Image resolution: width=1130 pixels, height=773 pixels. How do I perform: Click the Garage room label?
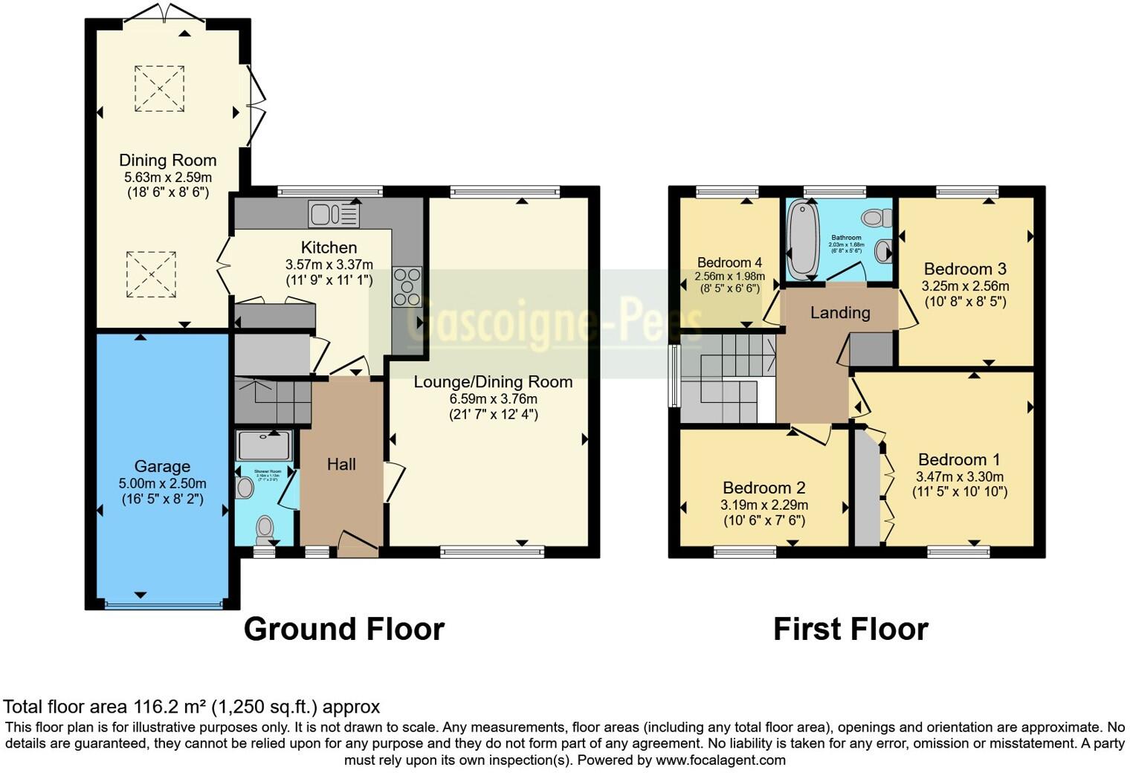tap(162, 467)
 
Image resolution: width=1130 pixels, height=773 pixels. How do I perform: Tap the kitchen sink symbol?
tap(334, 215)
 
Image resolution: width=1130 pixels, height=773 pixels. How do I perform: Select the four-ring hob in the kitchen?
tap(407, 286)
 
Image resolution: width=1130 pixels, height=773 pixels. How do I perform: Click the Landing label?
tap(840, 313)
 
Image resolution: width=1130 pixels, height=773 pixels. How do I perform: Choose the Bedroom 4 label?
tap(729, 262)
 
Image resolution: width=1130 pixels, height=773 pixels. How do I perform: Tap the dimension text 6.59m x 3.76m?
tap(494, 399)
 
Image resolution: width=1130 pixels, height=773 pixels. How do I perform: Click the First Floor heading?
tap(850, 630)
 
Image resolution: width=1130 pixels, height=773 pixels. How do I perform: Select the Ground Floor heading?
tap(343, 630)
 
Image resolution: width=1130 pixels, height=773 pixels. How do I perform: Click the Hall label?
tap(341, 465)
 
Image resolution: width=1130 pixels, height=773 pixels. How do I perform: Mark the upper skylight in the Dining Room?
tap(159, 88)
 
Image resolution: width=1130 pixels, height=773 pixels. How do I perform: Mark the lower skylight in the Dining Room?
tap(152, 274)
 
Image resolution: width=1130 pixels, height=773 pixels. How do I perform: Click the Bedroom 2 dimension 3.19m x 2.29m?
tap(764, 505)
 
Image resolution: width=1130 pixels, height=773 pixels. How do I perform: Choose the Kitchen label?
tap(329, 248)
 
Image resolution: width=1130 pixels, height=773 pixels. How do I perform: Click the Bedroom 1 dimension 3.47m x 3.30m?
tap(959, 477)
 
